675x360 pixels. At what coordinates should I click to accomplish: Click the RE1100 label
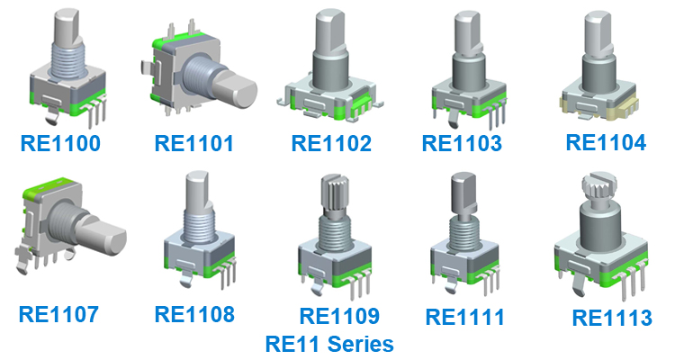pyautogui.click(x=63, y=142)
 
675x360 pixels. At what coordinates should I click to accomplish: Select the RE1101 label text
pyautogui.click(x=194, y=142)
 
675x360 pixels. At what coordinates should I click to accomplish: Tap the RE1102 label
pyautogui.click(x=331, y=143)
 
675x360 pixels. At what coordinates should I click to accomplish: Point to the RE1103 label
pyautogui.click(x=463, y=142)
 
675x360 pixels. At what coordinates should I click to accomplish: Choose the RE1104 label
pyautogui.click(x=606, y=142)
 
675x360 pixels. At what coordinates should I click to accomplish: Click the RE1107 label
pyautogui.click(x=58, y=314)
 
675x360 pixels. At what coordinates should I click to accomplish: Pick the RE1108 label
pyautogui.click(x=194, y=314)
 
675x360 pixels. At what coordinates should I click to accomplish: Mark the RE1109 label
pyautogui.click(x=339, y=316)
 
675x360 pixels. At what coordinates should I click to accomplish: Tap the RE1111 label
pyautogui.click(x=465, y=317)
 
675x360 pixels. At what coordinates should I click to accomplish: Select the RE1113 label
pyautogui.click(x=612, y=318)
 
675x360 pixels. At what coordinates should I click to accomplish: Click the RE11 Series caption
pyautogui.click(x=329, y=343)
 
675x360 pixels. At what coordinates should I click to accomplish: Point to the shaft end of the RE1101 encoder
pyautogui.click(x=238, y=93)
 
